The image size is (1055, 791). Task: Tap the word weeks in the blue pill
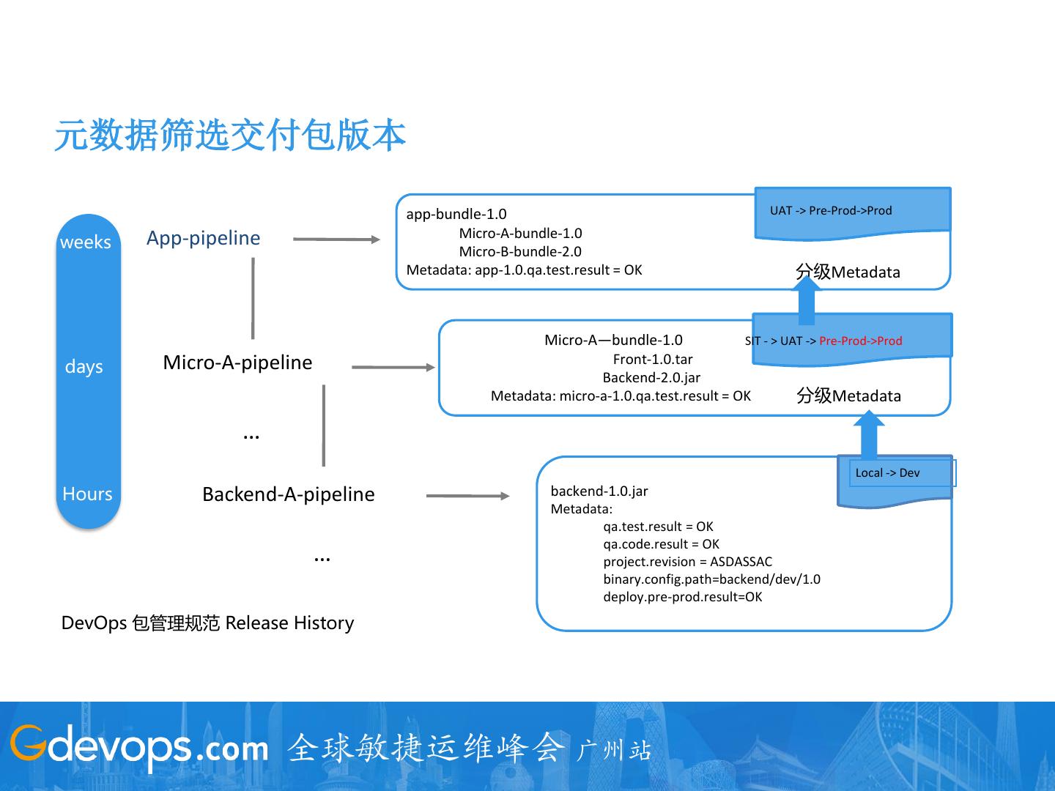(x=86, y=242)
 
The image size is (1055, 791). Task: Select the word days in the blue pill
(x=84, y=366)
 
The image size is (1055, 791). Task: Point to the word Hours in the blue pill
(x=87, y=494)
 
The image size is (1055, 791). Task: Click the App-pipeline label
(x=204, y=238)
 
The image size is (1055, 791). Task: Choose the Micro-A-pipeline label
(x=237, y=363)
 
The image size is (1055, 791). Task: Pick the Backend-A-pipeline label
(x=288, y=494)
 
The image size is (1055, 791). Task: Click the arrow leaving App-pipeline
(x=336, y=239)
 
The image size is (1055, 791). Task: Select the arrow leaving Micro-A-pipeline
(x=393, y=367)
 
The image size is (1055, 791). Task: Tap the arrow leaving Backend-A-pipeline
(x=467, y=496)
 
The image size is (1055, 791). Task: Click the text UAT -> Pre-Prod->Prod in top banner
(x=831, y=211)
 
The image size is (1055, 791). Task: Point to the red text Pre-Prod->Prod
(x=861, y=341)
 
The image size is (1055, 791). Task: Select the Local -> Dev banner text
(x=887, y=473)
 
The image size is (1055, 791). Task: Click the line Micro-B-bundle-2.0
(x=520, y=252)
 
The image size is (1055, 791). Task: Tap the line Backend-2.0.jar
(x=651, y=378)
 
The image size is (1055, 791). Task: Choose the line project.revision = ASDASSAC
(x=687, y=562)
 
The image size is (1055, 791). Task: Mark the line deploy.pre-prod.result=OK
(x=682, y=597)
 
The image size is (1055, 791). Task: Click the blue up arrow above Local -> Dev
(x=869, y=435)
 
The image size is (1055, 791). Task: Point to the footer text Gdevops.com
(x=139, y=747)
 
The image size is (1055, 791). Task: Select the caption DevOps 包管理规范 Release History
(x=207, y=623)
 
